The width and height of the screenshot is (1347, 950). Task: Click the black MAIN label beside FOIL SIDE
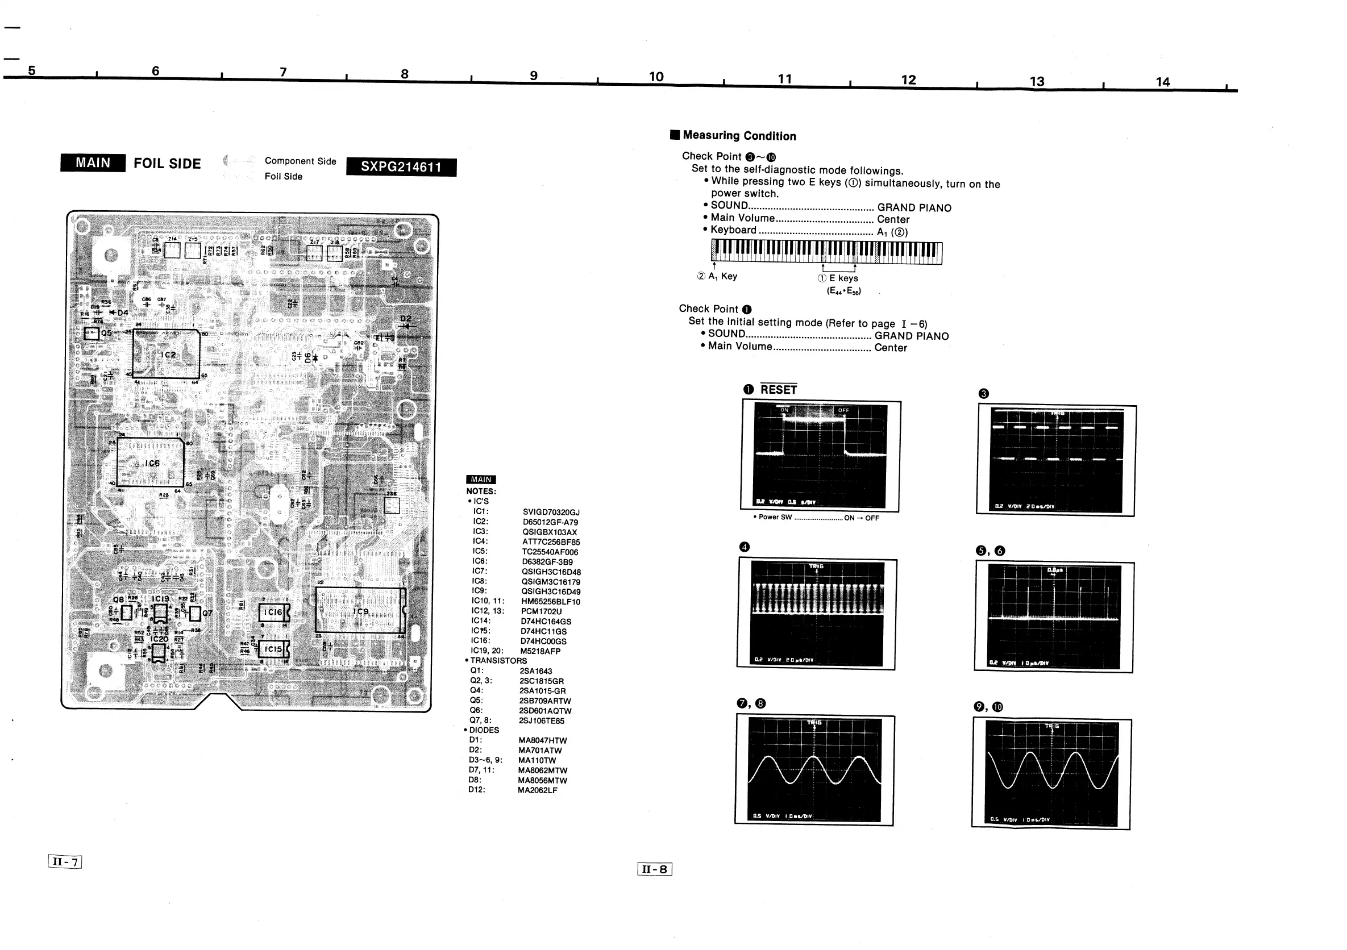93,163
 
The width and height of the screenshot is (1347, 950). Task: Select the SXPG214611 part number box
401,167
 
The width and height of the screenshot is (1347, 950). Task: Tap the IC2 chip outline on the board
166,354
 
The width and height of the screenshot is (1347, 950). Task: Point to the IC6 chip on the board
150,463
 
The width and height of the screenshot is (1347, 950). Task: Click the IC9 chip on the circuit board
360,610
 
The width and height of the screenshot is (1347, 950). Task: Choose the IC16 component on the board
273,612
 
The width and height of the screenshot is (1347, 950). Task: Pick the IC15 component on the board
273,649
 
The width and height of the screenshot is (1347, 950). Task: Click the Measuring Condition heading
739,136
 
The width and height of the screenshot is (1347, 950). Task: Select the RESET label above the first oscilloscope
779,390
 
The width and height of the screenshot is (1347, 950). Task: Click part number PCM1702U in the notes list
541,611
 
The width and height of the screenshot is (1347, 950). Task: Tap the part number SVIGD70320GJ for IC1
551,512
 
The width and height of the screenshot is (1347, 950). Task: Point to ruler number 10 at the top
656,77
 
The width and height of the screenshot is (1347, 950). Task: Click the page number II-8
655,869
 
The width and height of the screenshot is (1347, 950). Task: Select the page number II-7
65,861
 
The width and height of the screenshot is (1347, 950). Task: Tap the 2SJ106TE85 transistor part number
542,720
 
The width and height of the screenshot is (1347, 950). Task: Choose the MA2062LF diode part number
538,790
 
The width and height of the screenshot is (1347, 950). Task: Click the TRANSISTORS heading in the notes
498,660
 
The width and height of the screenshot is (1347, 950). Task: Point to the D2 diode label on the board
405,319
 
